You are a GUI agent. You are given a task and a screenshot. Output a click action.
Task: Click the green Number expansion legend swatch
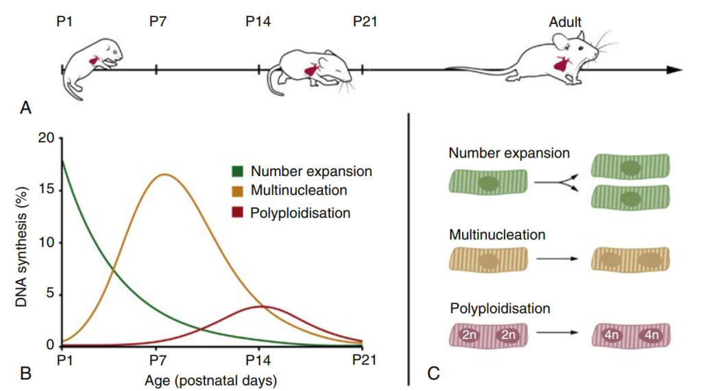238,171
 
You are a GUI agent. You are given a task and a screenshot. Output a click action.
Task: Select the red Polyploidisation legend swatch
238,212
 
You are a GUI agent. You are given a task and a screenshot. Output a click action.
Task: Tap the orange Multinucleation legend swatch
238,191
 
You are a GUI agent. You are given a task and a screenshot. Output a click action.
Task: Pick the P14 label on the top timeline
258,21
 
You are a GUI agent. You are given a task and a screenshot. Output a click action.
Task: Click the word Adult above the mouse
566,23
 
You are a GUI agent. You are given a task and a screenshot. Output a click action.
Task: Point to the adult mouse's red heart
562,65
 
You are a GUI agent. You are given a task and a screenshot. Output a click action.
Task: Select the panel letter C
433,373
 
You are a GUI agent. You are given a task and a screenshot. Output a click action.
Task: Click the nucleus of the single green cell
488,183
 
